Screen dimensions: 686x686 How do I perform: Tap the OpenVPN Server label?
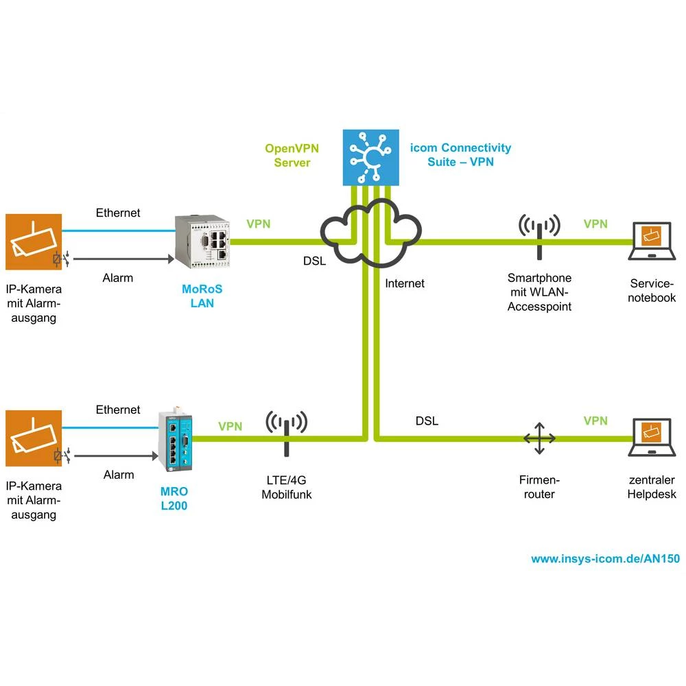[x=292, y=155]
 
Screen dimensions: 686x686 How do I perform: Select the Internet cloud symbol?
[x=371, y=233]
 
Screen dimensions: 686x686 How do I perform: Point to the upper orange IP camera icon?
[x=34, y=241]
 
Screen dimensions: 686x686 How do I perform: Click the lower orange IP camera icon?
[x=34, y=438]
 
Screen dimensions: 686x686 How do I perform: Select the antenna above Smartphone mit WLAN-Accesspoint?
[x=539, y=237]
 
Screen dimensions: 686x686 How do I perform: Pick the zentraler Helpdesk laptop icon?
[x=652, y=438]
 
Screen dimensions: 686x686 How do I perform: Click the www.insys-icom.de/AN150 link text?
[x=605, y=558]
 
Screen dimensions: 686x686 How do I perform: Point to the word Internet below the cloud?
[x=405, y=283]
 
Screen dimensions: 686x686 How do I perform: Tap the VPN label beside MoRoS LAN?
[x=258, y=224]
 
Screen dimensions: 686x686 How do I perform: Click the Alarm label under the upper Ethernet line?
[x=118, y=278]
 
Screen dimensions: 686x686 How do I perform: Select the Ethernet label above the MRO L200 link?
[x=118, y=410]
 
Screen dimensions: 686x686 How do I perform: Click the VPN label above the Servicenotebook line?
[x=595, y=224]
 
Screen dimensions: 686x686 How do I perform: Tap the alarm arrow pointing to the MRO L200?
[x=117, y=455]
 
